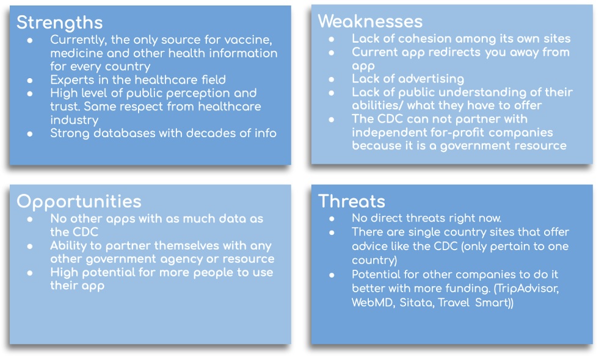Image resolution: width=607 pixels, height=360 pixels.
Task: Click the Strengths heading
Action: pyautogui.click(x=60, y=23)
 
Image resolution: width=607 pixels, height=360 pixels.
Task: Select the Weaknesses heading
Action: pyautogui.click(x=370, y=21)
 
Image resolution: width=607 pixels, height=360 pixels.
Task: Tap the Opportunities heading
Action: pyautogui.click(x=79, y=202)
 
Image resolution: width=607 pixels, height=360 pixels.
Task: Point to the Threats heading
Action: pyautogui.click(x=352, y=201)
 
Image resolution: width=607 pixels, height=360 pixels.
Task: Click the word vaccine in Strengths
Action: pyautogui.click(x=248, y=40)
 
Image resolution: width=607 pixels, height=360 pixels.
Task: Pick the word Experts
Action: pyautogui.click(x=72, y=81)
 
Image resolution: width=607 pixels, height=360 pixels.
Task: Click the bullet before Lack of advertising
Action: pyautogui.click(x=332, y=80)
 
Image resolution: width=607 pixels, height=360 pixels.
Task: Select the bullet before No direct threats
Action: pyautogui.click(x=332, y=219)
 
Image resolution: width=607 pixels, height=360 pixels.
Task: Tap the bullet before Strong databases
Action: pyautogui.click(x=30, y=134)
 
